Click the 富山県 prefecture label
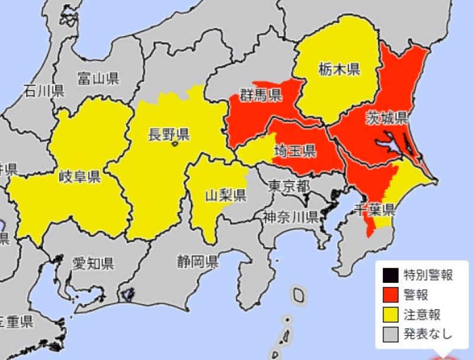[98, 77]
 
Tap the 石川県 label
[43, 91]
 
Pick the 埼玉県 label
[294, 152]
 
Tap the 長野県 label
[168, 134]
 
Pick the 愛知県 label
[93, 263]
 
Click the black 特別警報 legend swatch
[391, 275]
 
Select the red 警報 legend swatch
[391, 294]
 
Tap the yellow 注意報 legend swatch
[391, 314]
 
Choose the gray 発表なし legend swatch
[391, 333]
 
